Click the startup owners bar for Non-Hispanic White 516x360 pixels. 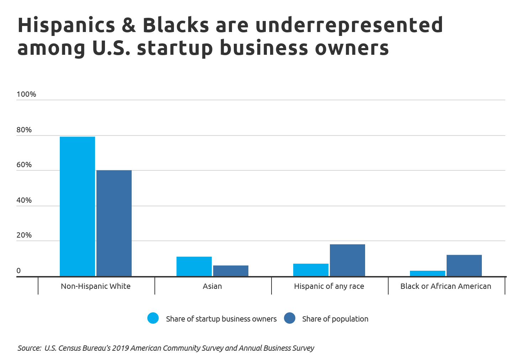click(77, 206)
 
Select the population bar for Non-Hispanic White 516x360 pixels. click(114, 223)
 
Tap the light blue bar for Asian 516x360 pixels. click(194, 266)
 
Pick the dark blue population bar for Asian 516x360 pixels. click(231, 271)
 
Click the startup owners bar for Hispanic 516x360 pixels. click(311, 270)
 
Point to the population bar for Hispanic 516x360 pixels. click(347, 260)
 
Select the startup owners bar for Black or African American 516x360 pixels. click(427, 273)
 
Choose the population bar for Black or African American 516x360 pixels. click(464, 265)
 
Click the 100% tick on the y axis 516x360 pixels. click(26, 94)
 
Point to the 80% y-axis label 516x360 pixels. click(24, 130)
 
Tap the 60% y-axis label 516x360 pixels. click(24, 165)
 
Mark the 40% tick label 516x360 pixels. click(24, 200)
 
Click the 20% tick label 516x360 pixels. click(24, 235)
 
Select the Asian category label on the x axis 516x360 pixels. click(212, 286)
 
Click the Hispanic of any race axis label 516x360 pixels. click(329, 286)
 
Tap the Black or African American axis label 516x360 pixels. click(446, 286)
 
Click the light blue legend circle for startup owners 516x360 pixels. click(153, 318)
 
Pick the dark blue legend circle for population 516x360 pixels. click(290, 318)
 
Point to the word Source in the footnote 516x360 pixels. click(29, 348)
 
